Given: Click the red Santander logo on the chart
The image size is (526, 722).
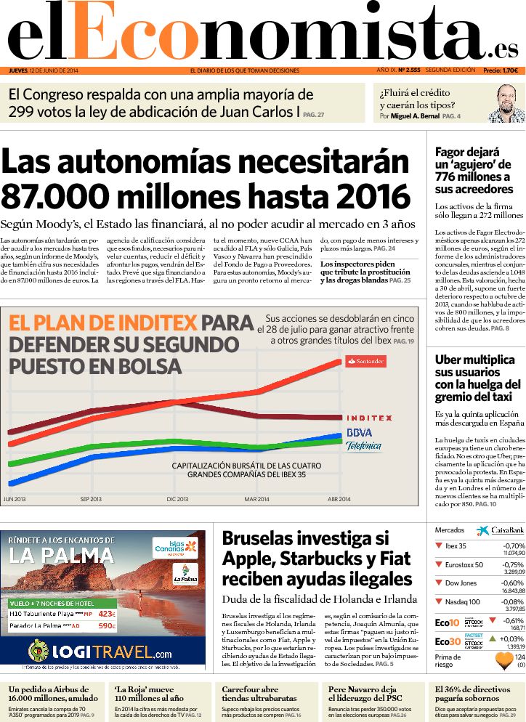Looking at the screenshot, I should (365, 361).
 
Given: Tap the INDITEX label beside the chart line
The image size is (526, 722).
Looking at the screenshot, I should (369, 418).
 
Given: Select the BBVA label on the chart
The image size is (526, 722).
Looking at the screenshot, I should (359, 432).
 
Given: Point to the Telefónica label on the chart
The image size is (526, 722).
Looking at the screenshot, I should (363, 446).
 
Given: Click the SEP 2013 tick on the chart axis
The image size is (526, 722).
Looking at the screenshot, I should (90, 499).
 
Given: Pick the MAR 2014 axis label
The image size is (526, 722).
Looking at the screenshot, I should (256, 499).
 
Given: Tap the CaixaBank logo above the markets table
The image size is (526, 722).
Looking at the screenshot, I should (501, 531).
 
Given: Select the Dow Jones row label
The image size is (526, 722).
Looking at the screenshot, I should (461, 583).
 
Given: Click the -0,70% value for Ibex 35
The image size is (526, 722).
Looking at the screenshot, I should (513, 546).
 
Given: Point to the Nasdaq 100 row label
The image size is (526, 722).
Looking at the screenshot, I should (463, 601).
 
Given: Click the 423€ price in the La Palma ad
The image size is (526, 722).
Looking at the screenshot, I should (106, 613).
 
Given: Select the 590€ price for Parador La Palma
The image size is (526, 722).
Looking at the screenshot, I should (106, 625).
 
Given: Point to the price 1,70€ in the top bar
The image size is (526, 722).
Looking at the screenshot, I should (510, 70).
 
